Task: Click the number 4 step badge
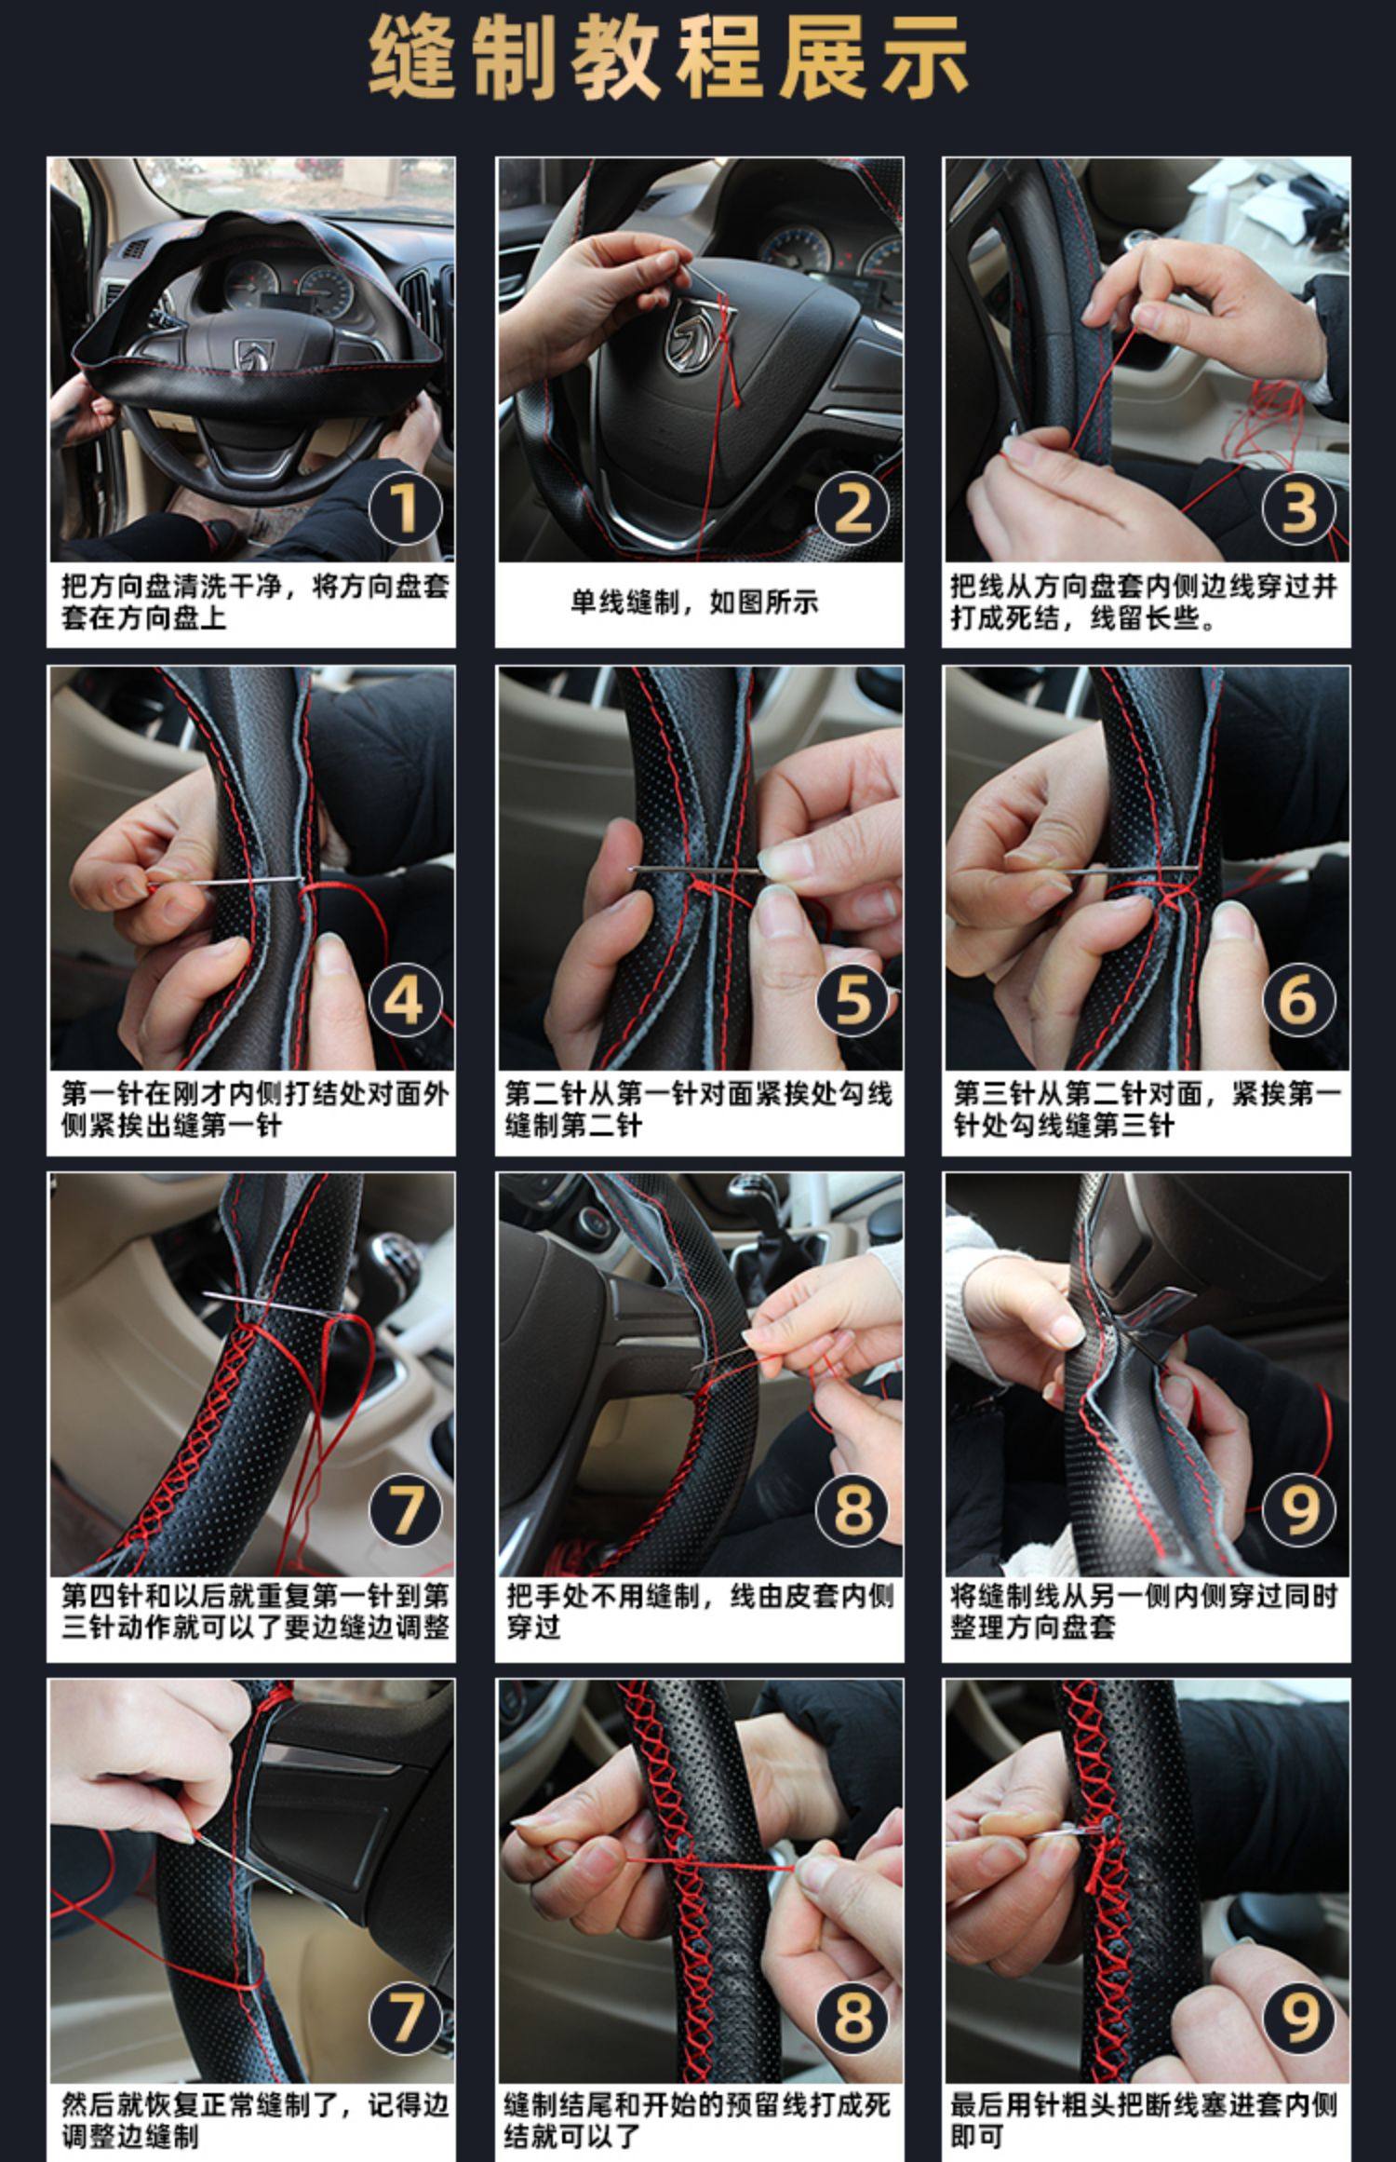pos(405,1000)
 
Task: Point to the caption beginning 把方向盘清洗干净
pos(255,602)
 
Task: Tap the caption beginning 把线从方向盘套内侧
pos(1144,602)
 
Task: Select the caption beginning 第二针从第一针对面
pos(698,1109)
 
